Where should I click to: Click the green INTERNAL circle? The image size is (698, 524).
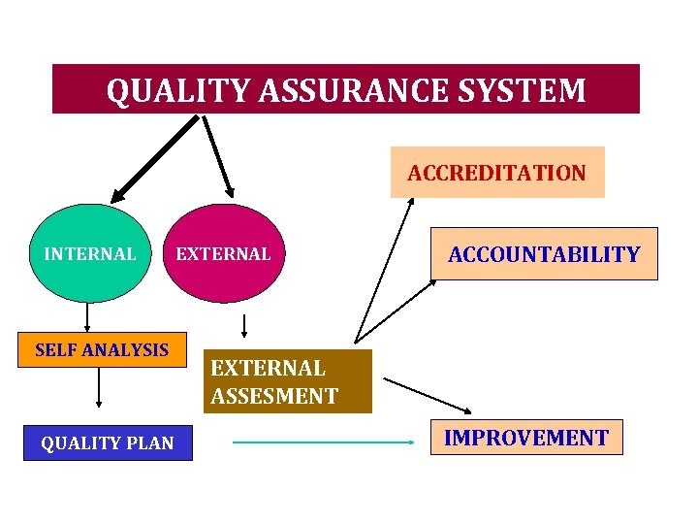coord(90,254)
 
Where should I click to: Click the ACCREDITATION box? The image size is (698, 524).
coord(496,173)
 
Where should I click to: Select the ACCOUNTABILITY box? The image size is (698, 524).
coord(544,254)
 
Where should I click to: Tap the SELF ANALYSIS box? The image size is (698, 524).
coord(101,349)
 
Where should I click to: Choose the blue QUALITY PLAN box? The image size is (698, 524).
coord(107,443)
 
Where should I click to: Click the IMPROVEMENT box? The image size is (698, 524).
coord(525,438)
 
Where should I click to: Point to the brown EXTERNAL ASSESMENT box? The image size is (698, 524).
coord(290,381)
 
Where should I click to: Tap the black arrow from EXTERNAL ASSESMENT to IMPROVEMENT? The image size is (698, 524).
coord(427,393)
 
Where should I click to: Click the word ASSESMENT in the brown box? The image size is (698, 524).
coord(274,396)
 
